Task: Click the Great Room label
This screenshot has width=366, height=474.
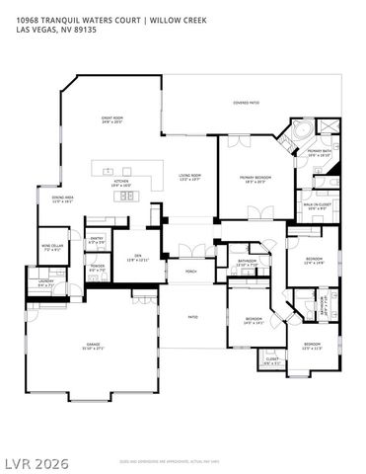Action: (x=111, y=120)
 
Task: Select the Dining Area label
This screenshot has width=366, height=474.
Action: (x=63, y=199)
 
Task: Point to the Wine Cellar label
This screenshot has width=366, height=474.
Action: (x=51, y=247)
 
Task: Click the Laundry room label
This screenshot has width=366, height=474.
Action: (x=45, y=284)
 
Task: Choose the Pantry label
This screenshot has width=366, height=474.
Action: (x=97, y=240)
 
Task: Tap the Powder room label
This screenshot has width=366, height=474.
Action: (x=97, y=268)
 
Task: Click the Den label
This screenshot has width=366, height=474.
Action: (x=137, y=259)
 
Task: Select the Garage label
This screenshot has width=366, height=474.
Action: (x=92, y=347)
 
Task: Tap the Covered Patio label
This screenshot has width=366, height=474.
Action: (x=246, y=102)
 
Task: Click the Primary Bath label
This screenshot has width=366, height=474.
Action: (x=319, y=153)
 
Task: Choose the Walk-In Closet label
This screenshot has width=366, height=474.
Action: (x=317, y=207)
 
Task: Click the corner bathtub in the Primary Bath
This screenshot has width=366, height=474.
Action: (x=299, y=131)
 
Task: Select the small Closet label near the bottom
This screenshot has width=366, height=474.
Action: (x=271, y=360)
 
